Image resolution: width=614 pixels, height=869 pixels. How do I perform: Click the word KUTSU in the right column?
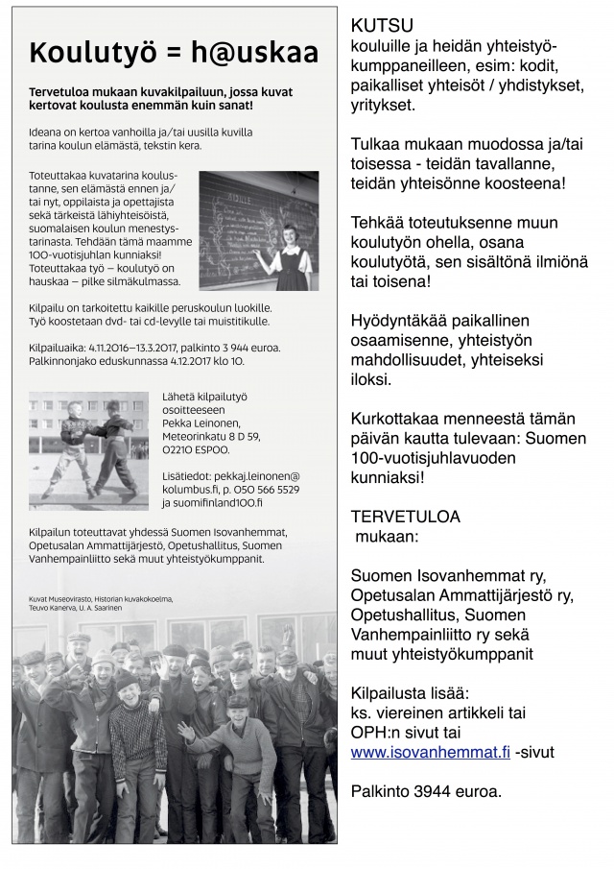coord(383,27)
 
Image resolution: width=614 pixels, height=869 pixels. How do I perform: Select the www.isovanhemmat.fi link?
coord(430,753)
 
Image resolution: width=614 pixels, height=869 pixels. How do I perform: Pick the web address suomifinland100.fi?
coord(212,501)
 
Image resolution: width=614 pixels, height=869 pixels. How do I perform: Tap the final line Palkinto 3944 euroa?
coord(425,792)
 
